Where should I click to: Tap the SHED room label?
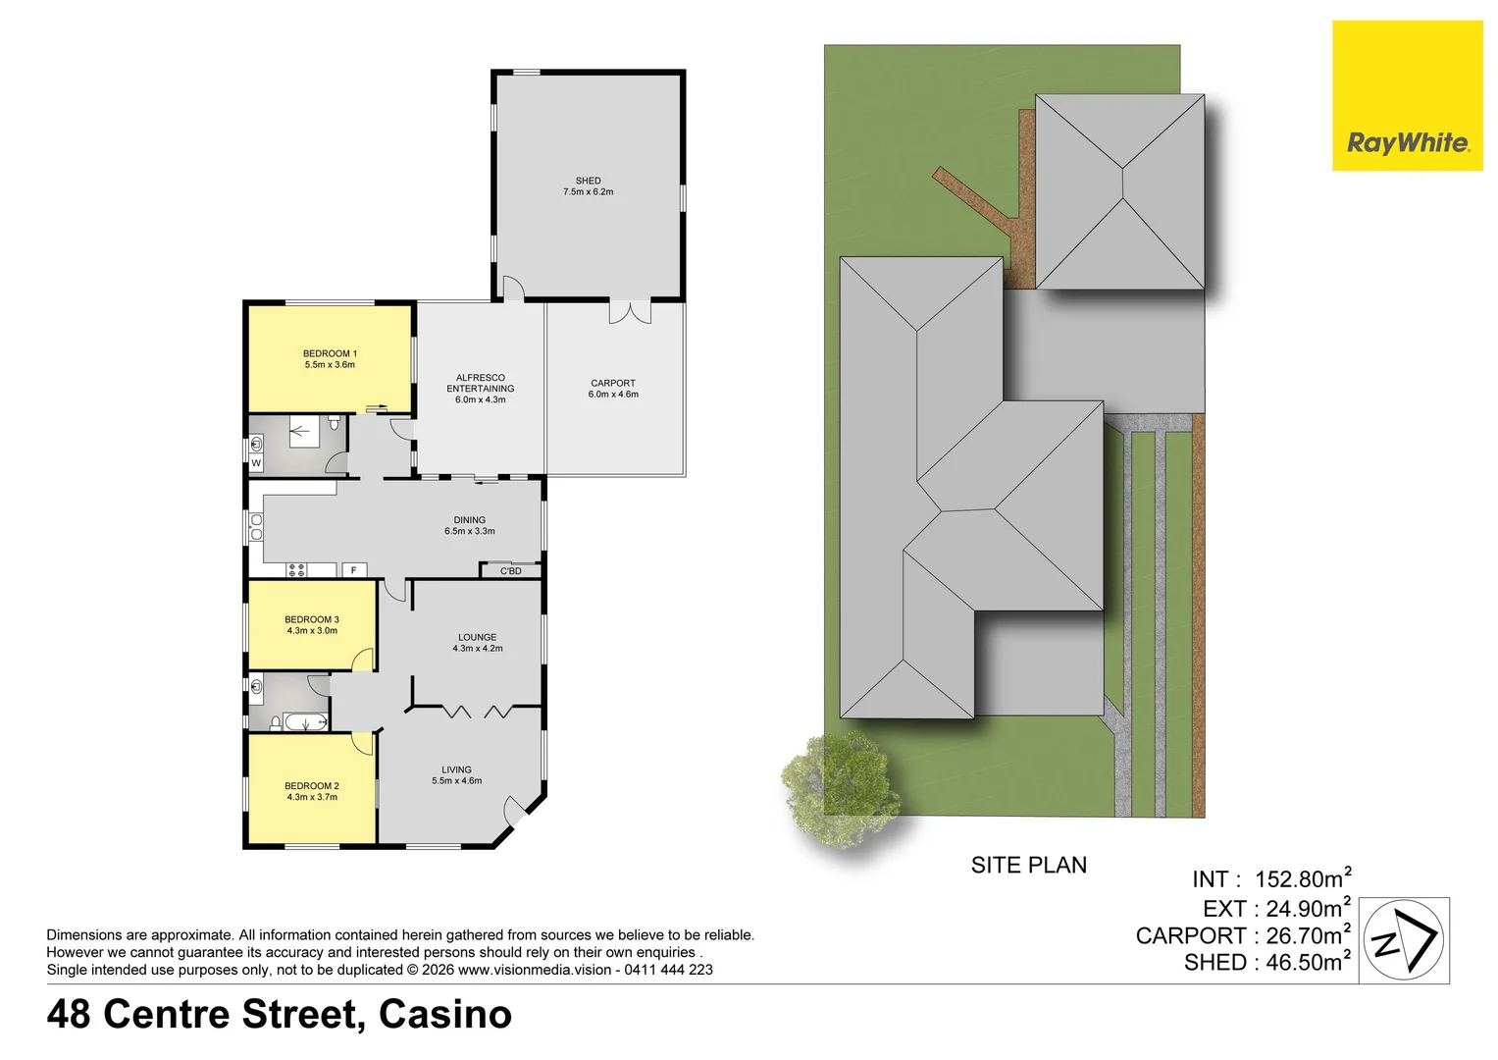pyautogui.click(x=588, y=182)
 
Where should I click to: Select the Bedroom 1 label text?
pyautogui.click(x=330, y=354)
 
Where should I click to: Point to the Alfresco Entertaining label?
pyautogui.click(x=481, y=384)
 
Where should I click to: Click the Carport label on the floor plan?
pyautogui.click(x=613, y=384)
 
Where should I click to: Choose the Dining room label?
pyautogui.click(x=469, y=521)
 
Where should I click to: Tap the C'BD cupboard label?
pyautogui.click(x=511, y=571)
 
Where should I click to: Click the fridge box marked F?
pyautogui.click(x=353, y=570)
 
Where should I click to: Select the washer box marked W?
pyautogui.click(x=256, y=463)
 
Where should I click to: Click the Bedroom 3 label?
pyautogui.click(x=312, y=620)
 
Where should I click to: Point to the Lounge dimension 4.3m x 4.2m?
pyautogui.click(x=478, y=649)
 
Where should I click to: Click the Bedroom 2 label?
pyautogui.click(x=312, y=786)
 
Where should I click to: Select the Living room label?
pyautogui.click(x=456, y=770)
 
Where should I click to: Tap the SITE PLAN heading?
pyautogui.click(x=1028, y=866)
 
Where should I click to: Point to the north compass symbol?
pyautogui.click(x=1404, y=939)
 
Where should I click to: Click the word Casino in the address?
pyautogui.click(x=445, y=1015)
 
